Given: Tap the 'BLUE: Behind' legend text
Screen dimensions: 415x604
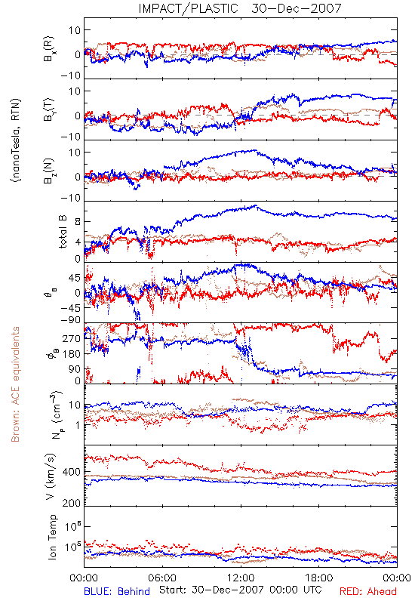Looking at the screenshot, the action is pyautogui.click(x=117, y=591).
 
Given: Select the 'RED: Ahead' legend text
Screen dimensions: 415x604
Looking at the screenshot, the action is pyautogui.click(x=367, y=591).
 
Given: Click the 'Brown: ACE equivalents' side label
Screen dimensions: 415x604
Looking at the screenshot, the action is pyautogui.click(x=15, y=384).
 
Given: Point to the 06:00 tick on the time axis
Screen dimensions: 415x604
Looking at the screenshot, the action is pyautogui.click(x=162, y=578).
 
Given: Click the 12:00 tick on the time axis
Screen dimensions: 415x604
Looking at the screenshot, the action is pyautogui.click(x=241, y=578).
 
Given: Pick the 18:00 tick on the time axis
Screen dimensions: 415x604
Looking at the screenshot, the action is pyautogui.click(x=319, y=578).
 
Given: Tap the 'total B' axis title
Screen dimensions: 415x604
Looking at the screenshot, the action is pyautogui.click(x=63, y=232).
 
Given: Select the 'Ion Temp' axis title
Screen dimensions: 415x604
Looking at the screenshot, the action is pyautogui.click(x=52, y=537).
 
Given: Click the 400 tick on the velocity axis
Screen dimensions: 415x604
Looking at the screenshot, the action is pyautogui.click(x=71, y=472).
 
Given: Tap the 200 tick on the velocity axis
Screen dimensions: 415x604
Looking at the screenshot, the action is pyautogui.click(x=71, y=503).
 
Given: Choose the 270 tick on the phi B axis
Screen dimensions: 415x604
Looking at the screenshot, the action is pyautogui.click(x=71, y=338).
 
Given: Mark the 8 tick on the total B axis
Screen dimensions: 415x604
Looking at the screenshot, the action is pyautogui.click(x=78, y=221).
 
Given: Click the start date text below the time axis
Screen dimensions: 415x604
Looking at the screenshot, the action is pyautogui.click(x=241, y=590).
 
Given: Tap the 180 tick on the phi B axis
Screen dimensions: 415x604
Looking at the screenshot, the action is pyautogui.click(x=71, y=354).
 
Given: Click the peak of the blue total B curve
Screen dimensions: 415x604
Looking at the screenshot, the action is pyautogui.click(x=255, y=205).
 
